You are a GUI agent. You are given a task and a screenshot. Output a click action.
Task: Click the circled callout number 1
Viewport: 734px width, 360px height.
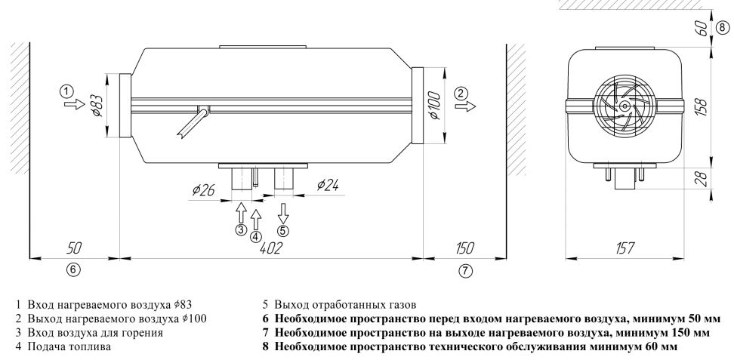[x=68, y=91]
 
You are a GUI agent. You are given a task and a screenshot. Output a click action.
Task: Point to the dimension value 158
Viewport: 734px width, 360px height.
[x=702, y=106]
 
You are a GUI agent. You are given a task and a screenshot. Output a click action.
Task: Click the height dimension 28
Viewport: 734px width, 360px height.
[x=702, y=179]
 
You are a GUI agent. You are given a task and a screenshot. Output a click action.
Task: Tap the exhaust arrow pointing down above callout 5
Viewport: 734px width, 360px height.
[x=283, y=211]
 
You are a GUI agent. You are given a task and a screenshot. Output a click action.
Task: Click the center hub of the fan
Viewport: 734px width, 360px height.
[x=625, y=106]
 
